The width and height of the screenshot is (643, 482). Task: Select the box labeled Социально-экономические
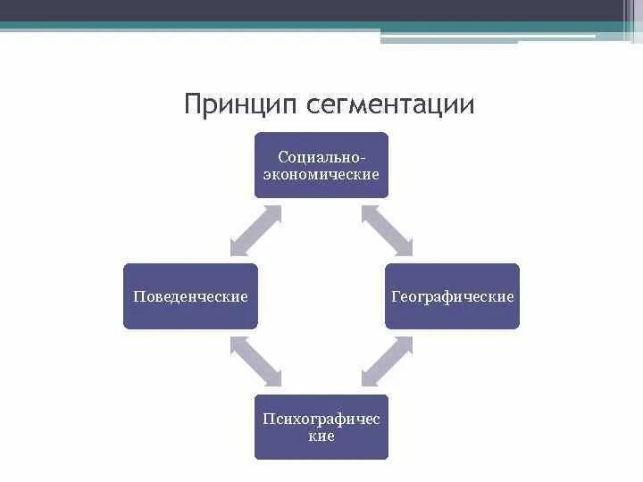pyautogui.click(x=321, y=164)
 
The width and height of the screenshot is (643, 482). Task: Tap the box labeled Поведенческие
pyautogui.click(x=190, y=296)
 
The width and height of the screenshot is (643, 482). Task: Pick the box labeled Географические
pyautogui.click(x=452, y=296)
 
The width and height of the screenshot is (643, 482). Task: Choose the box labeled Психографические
pyautogui.click(x=321, y=428)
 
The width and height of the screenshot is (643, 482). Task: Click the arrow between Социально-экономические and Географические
pyautogui.click(x=387, y=230)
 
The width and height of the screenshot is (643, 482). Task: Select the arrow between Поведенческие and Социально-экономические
pyautogui.click(x=255, y=230)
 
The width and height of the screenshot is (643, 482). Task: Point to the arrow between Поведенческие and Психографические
pyautogui.click(x=255, y=361)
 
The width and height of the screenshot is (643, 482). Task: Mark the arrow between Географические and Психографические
pyautogui.click(x=387, y=361)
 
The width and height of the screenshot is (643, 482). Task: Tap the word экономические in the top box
pyautogui.click(x=321, y=174)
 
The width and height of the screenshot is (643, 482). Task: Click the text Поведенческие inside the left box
pyautogui.click(x=190, y=296)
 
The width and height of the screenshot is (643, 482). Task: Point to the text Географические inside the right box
pyautogui.click(x=452, y=296)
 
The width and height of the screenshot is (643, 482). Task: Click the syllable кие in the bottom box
pyautogui.click(x=321, y=436)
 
